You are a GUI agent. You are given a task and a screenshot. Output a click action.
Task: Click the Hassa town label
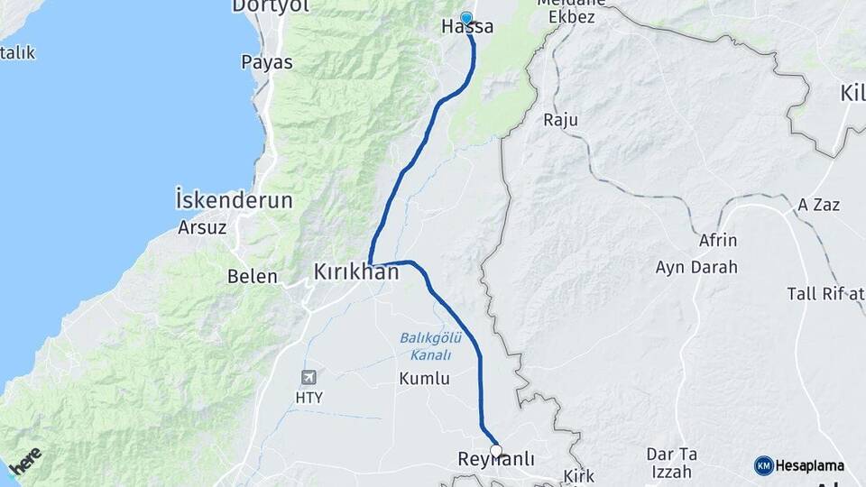point(467,28)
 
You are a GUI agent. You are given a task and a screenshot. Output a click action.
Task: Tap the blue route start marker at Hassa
point(466,17)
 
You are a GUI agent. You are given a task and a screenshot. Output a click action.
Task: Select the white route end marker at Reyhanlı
point(495,450)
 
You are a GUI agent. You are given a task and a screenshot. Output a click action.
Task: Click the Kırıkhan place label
point(355,271)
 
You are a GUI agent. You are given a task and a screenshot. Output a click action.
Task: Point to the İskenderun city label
point(234,200)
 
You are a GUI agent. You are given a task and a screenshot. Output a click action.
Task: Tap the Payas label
point(267,62)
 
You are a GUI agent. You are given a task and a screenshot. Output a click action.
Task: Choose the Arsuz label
point(202,227)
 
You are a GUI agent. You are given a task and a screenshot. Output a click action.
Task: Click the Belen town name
point(253,276)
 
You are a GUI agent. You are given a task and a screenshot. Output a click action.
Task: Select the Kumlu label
point(424,379)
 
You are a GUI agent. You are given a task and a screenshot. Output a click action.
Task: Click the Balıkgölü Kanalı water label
point(430,346)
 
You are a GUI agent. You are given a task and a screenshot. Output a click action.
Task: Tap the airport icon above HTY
point(309,376)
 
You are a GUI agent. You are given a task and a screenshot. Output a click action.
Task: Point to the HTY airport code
point(309,397)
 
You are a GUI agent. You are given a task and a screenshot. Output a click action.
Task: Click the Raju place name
point(560,119)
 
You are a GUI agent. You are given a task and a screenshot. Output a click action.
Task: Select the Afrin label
point(718,241)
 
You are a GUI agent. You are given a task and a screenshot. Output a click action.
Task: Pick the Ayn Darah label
point(696,267)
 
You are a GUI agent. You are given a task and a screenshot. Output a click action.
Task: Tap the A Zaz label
point(818,205)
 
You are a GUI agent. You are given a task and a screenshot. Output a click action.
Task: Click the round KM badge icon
point(764,465)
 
